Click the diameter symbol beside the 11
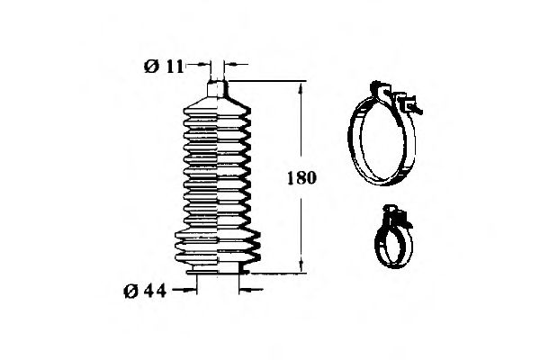coord(150,65)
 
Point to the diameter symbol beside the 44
coord(131,290)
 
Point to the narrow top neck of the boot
coord(216,88)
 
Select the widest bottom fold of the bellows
coord(217,242)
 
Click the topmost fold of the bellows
coord(216,104)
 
